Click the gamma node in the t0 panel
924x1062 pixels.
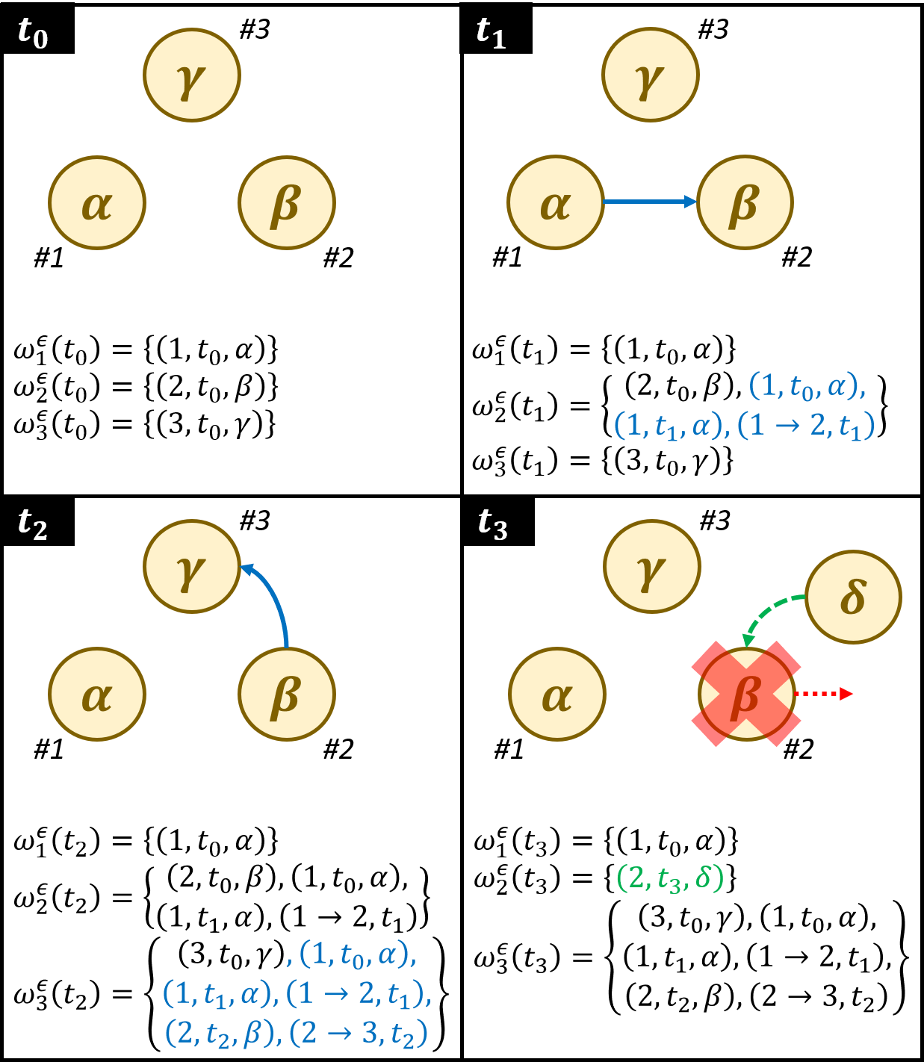click(192, 75)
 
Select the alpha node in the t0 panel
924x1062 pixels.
click(97, 202)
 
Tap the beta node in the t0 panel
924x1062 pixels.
click(287, 202)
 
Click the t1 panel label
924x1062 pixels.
click(491, 34)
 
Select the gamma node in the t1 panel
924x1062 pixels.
click(651, 75)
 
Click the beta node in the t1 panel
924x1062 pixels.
click(745, 202)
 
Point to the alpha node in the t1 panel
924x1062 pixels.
click(556, 202)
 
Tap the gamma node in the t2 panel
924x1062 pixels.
click(192, 567)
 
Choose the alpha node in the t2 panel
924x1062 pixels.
click(97, 694)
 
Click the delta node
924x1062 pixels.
click(853, 597)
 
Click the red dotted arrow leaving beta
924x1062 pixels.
click(825, 694)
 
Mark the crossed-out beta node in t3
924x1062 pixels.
click(746, 694)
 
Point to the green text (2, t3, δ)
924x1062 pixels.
click(670, 878)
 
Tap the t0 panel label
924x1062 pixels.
click(32, 34)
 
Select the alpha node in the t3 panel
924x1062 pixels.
click(557, 694)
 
